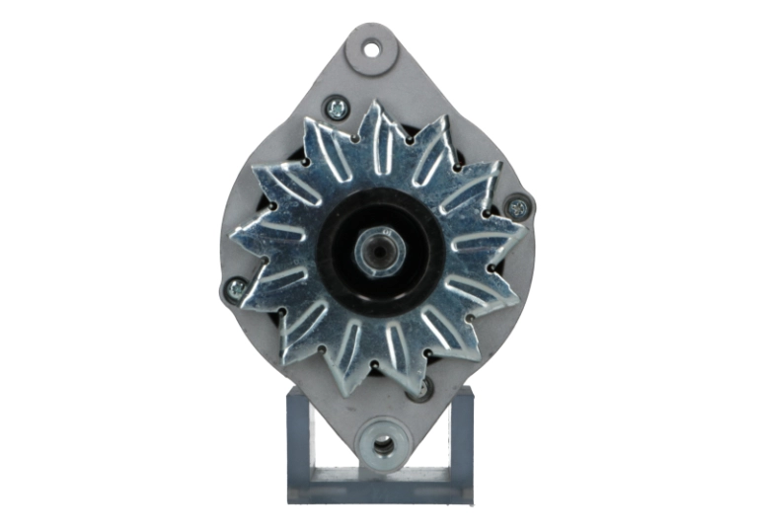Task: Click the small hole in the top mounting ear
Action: click(x=373, y=45)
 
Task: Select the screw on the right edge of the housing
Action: click(x=517, y=206)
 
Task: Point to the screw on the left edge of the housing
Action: click(x=235, y=288)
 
